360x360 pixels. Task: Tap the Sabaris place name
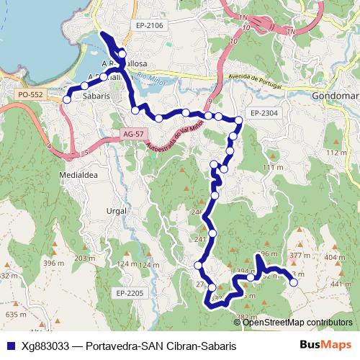[x=96, y=94]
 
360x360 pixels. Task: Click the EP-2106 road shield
[x=150, y=26]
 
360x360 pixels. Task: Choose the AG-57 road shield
[x=134, y=135]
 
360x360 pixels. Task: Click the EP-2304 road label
[x=266, y=113]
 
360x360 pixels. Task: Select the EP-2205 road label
[x=130, y=293]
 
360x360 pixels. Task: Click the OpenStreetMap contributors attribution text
[x=297, y=323]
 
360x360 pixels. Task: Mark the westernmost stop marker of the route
[x=67, y=99]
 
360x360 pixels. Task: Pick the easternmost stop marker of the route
[x=293, y=283]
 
